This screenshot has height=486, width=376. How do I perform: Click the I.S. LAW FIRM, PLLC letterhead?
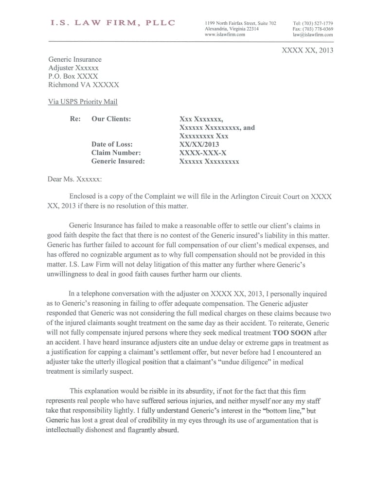pyautogui.click(x=112, y=23)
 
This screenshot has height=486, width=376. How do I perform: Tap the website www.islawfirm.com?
pyautogui.click(x=225, y=35)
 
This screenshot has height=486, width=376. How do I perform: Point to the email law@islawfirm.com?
pyautogui.click(x=313, y=35)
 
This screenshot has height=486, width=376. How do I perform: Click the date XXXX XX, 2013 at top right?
pyautogui.click(x=307, y=50)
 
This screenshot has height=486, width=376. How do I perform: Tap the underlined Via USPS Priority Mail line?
pyautogui.click(x=83, y=102)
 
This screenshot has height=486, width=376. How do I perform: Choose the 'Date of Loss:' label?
pyautogui.click(x=112, y=144)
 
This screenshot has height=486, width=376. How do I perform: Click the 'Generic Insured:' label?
pyautogui.click(x=118, y=161)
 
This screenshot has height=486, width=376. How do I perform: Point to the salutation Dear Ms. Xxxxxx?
pyautogui.click(x=75, y=179)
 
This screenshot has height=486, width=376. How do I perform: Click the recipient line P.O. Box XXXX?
pyautogui.click(x=73, y=76)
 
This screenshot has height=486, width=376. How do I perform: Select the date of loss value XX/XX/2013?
pyautogui.click(x=199, y=144)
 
